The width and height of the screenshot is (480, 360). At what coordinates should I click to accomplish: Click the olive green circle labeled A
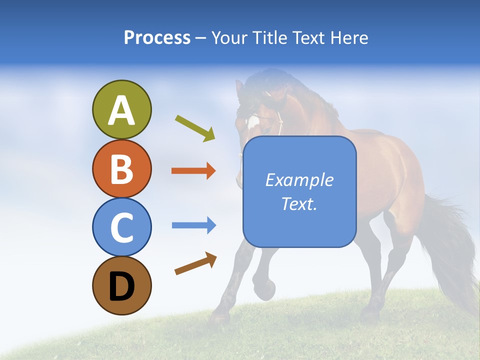pyautogui.click(x=122, y=109)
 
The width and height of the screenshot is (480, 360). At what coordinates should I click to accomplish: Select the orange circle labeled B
pyautogui.click(x=122, y=168)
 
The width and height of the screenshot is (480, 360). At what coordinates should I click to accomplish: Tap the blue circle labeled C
pyautogui.click(x=122, y=227)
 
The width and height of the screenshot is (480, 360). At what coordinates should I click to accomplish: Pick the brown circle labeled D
pyautogui.click(x=122, y=285)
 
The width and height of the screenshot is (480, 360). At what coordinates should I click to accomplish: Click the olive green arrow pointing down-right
pyautogui.click(x=195, y=128)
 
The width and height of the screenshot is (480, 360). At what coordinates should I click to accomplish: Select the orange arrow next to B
pyautogui.click(x=193, y=171)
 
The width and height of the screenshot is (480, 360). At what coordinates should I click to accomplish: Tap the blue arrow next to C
pyautogui.click(x=194, y=225)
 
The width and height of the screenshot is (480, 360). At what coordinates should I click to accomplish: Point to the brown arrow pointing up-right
pyautogui.click(x=195, y=263)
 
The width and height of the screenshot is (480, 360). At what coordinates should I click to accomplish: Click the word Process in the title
pyautogui.click(x=157, y=37)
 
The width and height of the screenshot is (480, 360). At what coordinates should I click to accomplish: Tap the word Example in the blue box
pyautogui.click(x=299, y=180)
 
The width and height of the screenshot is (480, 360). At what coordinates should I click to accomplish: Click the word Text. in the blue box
pyautogui.click(x=299, y=204)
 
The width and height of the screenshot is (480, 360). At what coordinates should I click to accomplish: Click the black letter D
pyautogui.click(x=122, y=286)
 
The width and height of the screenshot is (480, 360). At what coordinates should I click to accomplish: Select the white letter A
pyautogui.click(x=122, y=110)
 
